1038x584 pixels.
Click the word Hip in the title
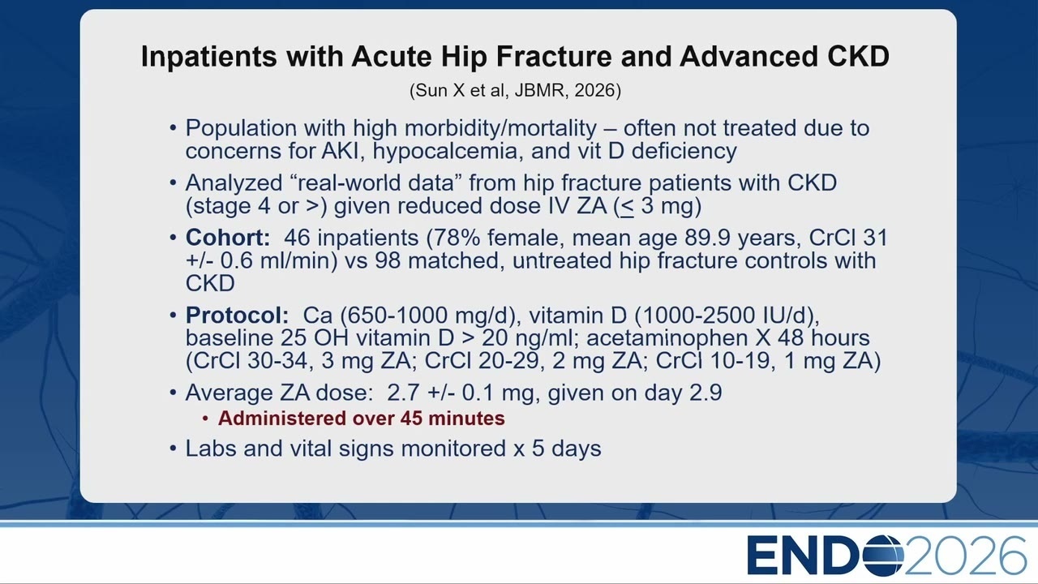point(464,58)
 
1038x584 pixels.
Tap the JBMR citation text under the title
point(515,90)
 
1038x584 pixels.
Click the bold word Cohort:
point(228,238)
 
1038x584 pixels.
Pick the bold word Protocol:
point(237,316)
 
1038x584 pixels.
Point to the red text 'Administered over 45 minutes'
point(361,418)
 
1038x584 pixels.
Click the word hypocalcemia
point(448,152)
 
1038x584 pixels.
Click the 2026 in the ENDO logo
point(966,556)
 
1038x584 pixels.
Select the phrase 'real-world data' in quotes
point(375,182)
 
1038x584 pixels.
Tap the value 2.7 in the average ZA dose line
point(404,393)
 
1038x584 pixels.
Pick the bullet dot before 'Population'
point(174,128)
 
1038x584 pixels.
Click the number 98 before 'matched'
point(388,260)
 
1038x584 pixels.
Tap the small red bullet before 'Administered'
point(205,419)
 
